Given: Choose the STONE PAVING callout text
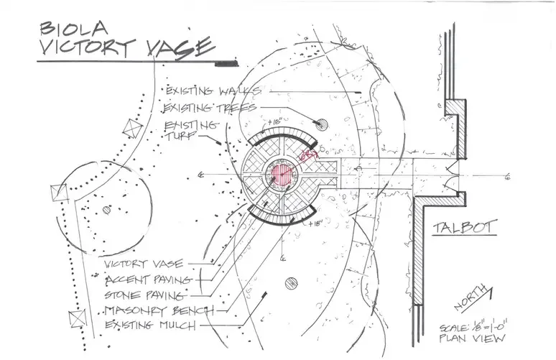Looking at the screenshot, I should [146, 295].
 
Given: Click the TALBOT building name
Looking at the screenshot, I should [465, 228].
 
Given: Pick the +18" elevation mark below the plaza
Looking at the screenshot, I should [313, 225].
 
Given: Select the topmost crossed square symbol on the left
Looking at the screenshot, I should [131, 128].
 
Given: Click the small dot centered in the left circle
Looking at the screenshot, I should [106, 210].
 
